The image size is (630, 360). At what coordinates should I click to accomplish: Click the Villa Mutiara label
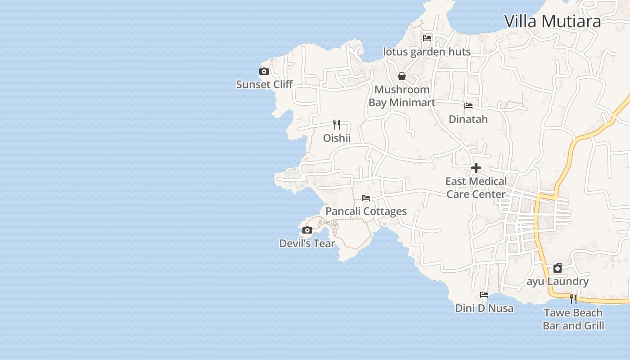coord(552,21)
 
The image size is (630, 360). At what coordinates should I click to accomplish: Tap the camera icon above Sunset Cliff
coord(264,72)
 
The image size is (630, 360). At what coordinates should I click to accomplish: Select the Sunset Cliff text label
coord(264,84)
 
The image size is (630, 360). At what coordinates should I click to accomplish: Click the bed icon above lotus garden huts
coord(427,38)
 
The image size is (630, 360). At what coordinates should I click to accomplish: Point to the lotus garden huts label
coord(427,52)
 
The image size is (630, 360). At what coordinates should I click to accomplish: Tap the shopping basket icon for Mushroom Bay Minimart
coord(402,76)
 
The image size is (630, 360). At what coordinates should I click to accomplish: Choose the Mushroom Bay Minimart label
coord(402,96)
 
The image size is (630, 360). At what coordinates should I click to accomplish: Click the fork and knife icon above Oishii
coord(337,124)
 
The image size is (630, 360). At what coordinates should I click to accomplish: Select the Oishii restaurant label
coord(337,138)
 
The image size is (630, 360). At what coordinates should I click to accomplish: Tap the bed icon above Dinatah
coord(468,106)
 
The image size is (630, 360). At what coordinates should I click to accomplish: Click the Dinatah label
coord(468,119)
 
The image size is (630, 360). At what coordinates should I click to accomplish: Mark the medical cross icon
coord(476,168)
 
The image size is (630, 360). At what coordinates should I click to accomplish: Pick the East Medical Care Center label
coord(476,188)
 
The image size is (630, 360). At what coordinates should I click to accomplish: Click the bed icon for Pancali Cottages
coord(366,198)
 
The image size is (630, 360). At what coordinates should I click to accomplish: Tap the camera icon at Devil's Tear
coord(307,230)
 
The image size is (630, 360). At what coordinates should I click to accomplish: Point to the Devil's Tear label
coord(307,243)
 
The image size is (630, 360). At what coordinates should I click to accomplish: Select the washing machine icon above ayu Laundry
coord(558,268)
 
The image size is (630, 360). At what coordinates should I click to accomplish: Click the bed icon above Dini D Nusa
coord(484,295)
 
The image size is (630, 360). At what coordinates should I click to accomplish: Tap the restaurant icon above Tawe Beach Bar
coord(573,299)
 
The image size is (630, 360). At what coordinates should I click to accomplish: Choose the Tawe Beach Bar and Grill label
coord(573,319)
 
